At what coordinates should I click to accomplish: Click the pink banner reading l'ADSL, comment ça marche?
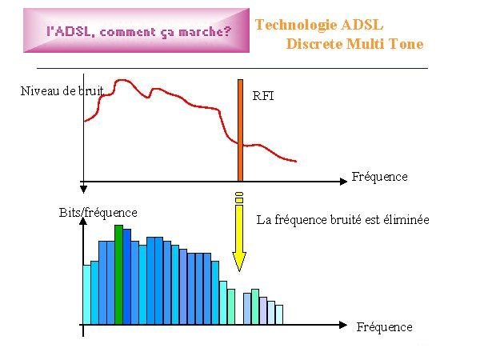click(x=136, y=30)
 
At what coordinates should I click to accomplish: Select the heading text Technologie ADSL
click(x=319, y=25)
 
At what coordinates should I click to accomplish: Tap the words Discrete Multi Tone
click(x=354, y=44)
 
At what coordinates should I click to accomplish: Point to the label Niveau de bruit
click(x=62, y=91)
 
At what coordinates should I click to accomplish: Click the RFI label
click(x=263, y=96)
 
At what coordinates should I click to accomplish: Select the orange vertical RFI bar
click(x=240, y=130)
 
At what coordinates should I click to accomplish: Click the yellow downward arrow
click(x=239, y=232)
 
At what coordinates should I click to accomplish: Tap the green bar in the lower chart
click(x=118, y=274)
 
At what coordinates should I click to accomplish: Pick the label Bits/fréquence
click(x=98, y=213)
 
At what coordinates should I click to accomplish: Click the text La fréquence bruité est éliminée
click(x=342, y=220)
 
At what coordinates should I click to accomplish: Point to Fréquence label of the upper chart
click(x=379, y=177)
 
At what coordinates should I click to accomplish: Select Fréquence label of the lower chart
click(x=385, y=327)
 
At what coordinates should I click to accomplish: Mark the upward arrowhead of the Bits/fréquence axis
click(x=83, y=221)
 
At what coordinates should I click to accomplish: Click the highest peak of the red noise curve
click(x=122, y=80)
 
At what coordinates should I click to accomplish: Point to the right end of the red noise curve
click(x=296, y=162)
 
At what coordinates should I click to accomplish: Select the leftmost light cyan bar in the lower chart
click(x=87, y=294)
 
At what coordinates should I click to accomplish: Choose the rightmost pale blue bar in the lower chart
click(x=279, y=314)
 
